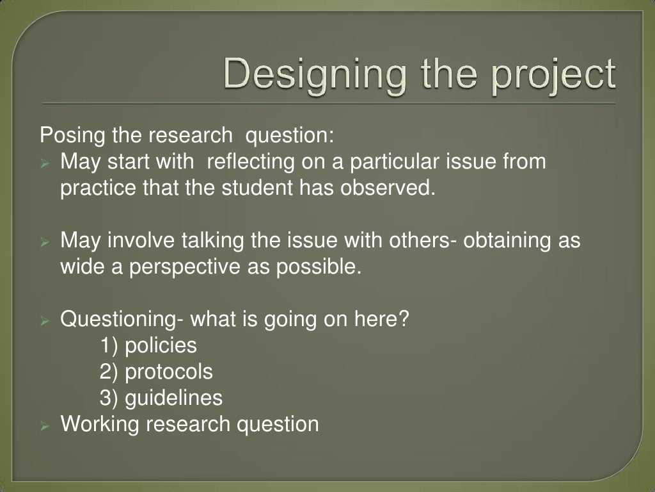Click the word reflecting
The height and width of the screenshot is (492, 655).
[249, 162]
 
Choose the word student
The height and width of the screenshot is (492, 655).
[262, 188]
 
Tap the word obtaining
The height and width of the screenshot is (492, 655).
[507, 241]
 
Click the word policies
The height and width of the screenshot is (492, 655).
[161, 346]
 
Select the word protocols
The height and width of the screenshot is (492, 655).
[169, 372]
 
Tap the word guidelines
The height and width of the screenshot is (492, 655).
[174, 398]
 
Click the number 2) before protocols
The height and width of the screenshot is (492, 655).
[109, 372]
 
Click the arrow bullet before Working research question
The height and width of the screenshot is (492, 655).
[45, 425]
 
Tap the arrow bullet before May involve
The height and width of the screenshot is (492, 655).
[45, 242]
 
